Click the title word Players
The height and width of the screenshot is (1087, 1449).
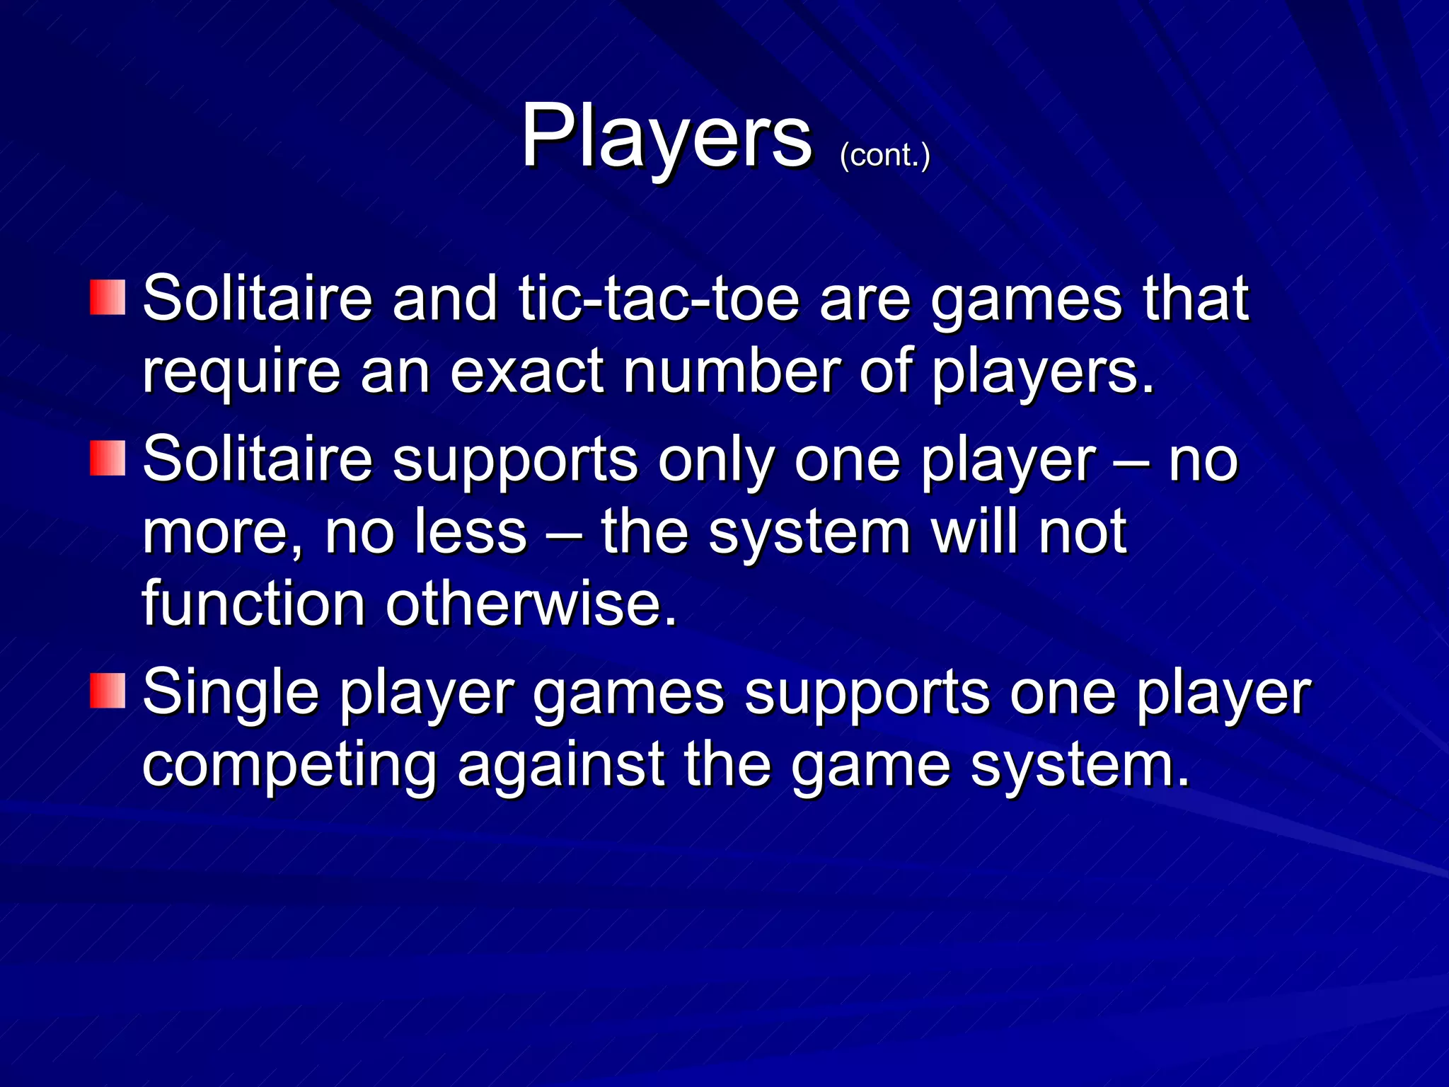click(x=666, y=136)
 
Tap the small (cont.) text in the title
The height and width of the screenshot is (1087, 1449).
click(x=884, y=155)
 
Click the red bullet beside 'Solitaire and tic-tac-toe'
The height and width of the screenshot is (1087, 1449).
click(x=108, y=297)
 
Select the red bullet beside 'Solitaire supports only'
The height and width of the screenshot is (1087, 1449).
click(x=108, y=458)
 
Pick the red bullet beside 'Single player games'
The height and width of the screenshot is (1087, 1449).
click(x=108, y=691)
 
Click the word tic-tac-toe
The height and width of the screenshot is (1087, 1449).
click(x=659, y=298)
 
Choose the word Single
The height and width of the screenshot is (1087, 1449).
click(x=231, y=694)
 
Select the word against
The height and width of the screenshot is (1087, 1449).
click(x=561, y=766)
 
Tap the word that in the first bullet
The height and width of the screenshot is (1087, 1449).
click(x=1196, y=298)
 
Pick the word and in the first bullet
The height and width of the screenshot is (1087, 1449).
click(x=445, y=298)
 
